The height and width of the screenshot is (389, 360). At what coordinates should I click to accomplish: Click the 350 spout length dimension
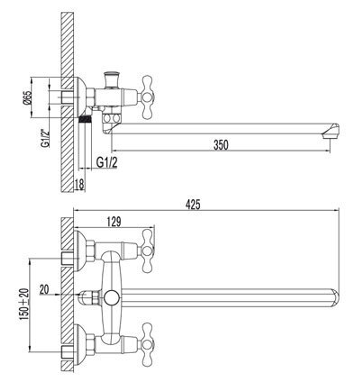pos(221,145)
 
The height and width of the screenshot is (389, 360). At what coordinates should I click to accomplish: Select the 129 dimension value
pos(114,222)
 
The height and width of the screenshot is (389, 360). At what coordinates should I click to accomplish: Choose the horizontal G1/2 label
pos(107,162)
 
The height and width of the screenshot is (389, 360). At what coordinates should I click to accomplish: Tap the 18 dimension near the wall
pos(80,184)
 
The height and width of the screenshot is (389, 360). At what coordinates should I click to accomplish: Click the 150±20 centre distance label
pos(24,305)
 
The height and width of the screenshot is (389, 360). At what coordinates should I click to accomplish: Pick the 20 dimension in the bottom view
pos(45,289)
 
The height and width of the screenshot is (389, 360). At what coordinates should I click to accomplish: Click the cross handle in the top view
pos(148,97)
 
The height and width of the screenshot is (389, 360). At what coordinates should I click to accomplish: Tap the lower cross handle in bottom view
pos(148,345)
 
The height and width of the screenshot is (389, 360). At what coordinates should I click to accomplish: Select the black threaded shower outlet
pos(85,119)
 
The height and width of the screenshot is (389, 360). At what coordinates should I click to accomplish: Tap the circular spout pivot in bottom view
pos(111,298)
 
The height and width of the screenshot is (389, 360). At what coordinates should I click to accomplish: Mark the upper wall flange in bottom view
pos(81,250)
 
